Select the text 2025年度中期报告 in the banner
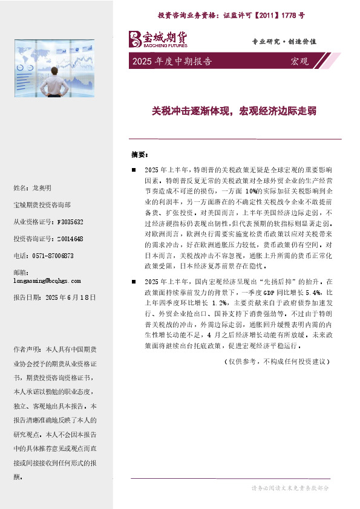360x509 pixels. tap(171, 61)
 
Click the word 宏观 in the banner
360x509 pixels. tap(299, 61)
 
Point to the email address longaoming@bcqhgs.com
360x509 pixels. tap(47, 280)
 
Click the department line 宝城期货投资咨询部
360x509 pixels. tap(41, 205)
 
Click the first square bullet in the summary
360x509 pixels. tap(134, 170)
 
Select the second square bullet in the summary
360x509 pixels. tap(134, 282)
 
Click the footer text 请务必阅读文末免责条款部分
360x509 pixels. tap(289, 487)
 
